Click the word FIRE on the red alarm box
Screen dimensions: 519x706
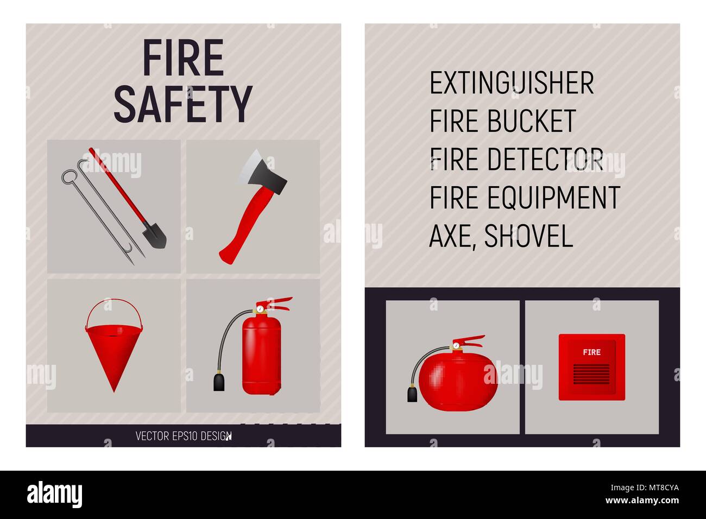pos(591,352)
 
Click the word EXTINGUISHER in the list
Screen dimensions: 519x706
pos(512,84)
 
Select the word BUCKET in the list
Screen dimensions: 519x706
pos(531,122)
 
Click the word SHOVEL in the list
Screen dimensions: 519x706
pos(528,236)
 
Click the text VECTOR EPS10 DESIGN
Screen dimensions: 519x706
pos(183,436)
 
